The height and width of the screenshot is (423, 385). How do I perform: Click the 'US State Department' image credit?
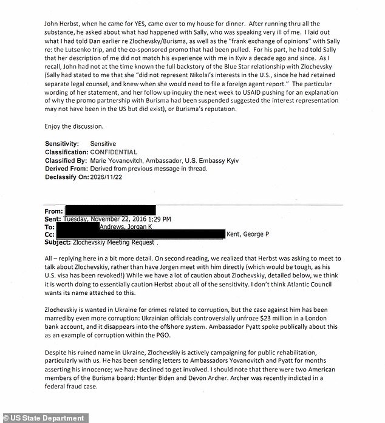point(44,418)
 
